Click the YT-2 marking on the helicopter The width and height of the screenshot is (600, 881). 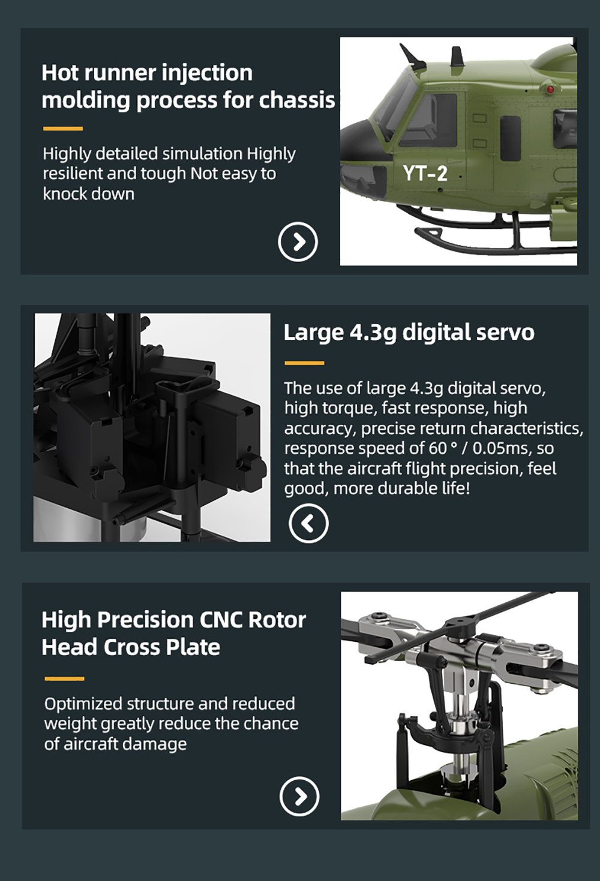[x=425, y=173]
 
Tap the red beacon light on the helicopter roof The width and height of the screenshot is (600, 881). [x=550, y=89]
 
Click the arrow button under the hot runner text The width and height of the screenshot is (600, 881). [x=298, y=242]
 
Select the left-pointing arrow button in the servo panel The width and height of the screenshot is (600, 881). [x=308, y=523]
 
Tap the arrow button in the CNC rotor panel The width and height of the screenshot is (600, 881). [x=299, y=796]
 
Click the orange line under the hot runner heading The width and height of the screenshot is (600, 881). [x=63, y=129]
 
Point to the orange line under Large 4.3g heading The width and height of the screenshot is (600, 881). [x=304, y=363]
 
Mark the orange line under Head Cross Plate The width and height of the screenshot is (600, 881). [x=64, y=678]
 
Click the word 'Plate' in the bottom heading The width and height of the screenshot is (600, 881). [x=193, y=647]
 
